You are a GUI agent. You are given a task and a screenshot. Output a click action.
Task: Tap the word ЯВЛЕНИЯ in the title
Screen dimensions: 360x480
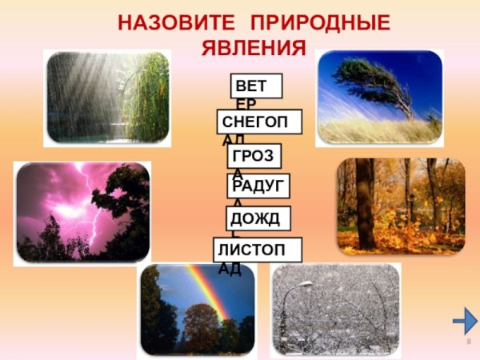pos(253,48)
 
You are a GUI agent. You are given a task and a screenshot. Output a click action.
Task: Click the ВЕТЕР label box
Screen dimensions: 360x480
pos(246,85)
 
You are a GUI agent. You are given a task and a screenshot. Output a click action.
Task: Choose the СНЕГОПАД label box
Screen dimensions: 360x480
pos(259,121)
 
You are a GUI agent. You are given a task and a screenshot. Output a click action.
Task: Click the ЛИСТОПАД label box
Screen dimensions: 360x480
pos(258,250)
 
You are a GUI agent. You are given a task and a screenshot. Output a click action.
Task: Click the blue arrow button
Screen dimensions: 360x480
pos(464,322)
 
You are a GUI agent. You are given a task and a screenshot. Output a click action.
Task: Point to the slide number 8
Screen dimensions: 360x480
pos(469,342)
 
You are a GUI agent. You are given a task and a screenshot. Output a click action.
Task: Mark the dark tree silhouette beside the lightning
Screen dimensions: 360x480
pos(124,216)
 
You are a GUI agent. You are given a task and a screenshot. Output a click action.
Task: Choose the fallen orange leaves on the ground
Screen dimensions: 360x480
pos(400,236)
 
